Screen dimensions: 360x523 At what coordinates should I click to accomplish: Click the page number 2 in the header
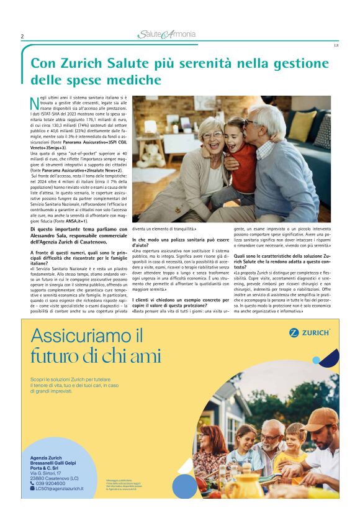click(22, 37)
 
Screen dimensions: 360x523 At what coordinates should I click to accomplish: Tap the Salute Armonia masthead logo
click(167, 35)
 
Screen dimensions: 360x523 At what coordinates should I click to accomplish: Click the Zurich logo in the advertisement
click(308, 332)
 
